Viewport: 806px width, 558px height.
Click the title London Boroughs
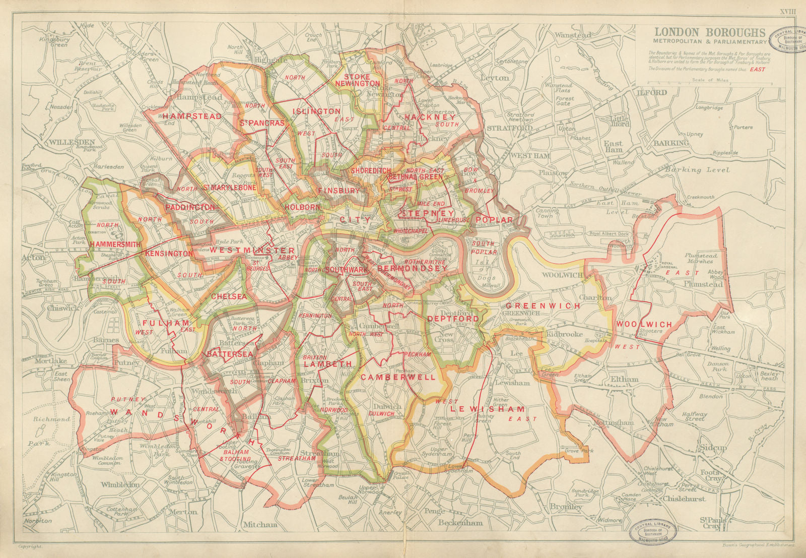point(710,32)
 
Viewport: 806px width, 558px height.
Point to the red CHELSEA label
point(229,296)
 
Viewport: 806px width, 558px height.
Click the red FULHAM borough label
point(159,323)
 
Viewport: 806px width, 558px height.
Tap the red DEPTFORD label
point(453,319)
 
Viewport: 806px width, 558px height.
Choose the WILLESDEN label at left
point(72,142)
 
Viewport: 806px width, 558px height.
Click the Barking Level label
point(697,170)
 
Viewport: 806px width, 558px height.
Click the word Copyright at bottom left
point(29,546)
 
